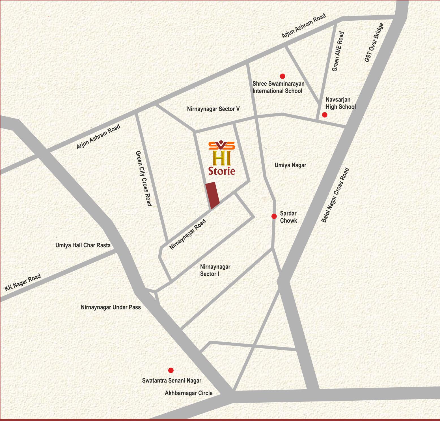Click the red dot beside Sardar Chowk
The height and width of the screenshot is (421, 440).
[x=274, y=216]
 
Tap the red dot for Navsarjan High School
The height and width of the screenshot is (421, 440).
[x=325, y=115]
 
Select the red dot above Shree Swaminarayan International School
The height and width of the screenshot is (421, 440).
[x=282, y=76]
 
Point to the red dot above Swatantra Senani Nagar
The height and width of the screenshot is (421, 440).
[x=171, y=370]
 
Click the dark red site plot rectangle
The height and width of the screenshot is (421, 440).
[x=212, y=196]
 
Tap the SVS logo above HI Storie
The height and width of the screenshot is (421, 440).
[x=222, y=145]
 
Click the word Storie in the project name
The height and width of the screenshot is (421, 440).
[x=222, y=171]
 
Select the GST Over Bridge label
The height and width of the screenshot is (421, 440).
[x=374, y=43]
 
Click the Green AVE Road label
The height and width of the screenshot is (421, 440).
[x=338, y=51]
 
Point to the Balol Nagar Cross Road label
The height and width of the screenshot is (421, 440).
[x=335, y=196]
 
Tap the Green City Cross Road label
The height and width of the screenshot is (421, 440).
[x=144, y=179]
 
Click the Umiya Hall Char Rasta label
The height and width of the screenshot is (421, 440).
[x=83, y=245]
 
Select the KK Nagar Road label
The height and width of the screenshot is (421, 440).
[x=23, y=282]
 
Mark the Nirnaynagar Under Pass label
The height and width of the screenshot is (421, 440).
[x=111, y=307]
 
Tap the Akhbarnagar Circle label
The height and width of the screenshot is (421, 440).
[x=189, y=393]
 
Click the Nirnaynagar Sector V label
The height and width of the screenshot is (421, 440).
[x=213, y=109]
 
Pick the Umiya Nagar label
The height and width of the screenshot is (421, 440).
[x=290, y=165]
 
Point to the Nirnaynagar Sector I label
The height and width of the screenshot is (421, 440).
[x=215, y=270]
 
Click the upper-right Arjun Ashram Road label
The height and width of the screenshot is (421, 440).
[x=304, y=26]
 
